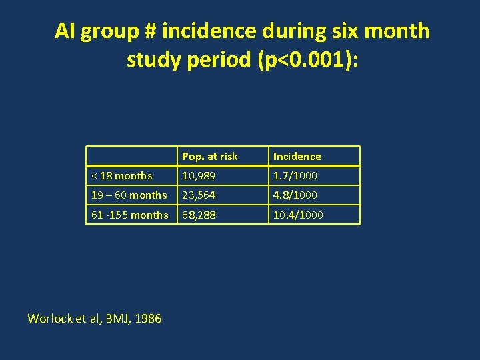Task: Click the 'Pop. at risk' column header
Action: pos(209,157)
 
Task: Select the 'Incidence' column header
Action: pos(297,157)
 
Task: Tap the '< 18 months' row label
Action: pos(121,176)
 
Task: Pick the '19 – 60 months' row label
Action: pos(129,195)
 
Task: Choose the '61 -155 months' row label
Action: pos(129,215)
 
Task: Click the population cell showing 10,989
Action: pos(199,176)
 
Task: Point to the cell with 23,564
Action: pos(199,195)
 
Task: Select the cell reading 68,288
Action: pos(199,215)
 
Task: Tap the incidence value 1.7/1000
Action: pos(295,176)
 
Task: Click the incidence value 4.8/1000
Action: pos(295,195)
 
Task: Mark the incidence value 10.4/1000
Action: pos(298,215)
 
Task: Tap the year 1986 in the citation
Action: pos(147,319)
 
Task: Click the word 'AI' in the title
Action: pos(65,31)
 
